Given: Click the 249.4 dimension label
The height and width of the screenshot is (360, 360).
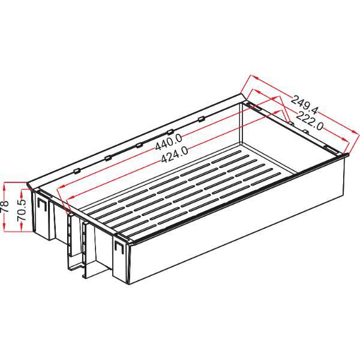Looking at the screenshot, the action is (304, 105).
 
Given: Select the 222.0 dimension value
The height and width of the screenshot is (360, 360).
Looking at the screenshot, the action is (310, 121).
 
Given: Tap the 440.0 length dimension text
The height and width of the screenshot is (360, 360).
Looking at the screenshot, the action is (169, 142).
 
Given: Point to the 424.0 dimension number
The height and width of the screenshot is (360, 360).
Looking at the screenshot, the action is (175, 155).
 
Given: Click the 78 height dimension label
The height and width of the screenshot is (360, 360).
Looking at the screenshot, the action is (5, 206).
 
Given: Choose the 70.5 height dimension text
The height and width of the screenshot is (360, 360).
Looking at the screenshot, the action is (22, 210).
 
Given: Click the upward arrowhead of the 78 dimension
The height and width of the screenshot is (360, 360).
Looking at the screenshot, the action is (4, 185).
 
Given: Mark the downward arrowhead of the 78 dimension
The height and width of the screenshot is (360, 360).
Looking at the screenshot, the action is (4, 229).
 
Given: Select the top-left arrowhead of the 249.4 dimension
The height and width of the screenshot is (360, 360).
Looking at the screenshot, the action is (254, 77).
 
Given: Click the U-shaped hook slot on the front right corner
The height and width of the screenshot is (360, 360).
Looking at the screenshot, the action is (119, 247).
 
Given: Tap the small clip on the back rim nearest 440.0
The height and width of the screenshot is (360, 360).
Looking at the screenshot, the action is (170, 132).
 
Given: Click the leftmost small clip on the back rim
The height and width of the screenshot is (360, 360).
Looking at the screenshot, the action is (77, 171).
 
